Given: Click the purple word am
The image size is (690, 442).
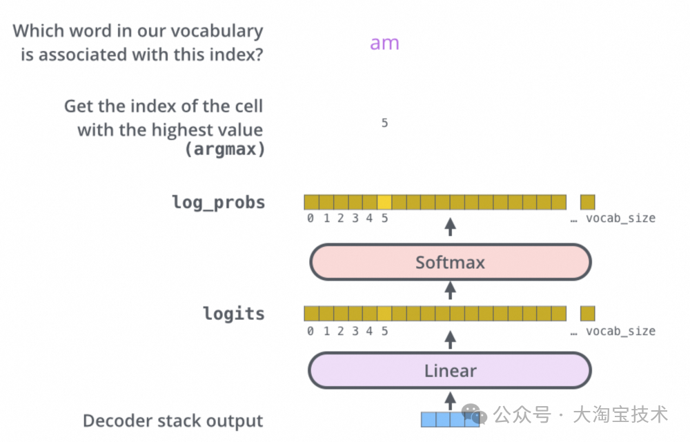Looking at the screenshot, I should [x=384, y=43].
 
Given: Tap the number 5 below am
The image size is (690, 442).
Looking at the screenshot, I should [x=384, y=123].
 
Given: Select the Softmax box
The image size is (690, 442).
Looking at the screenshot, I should [x=450, y=262].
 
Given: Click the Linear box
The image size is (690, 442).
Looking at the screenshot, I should [x=450, y=371].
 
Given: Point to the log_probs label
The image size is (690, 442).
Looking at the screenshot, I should [x=218, y=203].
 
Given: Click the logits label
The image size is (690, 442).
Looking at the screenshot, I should [x=233, y=314].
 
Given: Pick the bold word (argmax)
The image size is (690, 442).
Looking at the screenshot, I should [x=225, y=149].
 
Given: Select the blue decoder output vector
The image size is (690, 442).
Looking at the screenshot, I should [x=450, y=419].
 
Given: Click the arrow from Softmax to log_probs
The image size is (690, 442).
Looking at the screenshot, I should [x=450, y=227].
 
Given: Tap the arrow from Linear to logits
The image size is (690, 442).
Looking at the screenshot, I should [x=450, y=339].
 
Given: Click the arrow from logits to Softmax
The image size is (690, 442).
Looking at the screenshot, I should [x=450, y=290].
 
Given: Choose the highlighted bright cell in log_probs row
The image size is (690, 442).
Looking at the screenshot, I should [x=384, y=202].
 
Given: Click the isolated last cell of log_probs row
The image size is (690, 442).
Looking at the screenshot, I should [x=587, y=202].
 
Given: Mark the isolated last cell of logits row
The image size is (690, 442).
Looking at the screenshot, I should [x=587, y=314].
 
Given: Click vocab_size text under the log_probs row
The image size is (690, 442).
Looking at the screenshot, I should [x=620, y=219].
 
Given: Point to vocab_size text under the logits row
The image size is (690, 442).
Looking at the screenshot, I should [x=620, y=331].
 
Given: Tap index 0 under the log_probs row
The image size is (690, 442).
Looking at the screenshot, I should [x=310, y=219].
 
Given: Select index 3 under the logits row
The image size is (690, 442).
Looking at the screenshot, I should [x=355, y=331].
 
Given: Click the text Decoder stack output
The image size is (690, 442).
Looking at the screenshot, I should [x=173, y=421].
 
